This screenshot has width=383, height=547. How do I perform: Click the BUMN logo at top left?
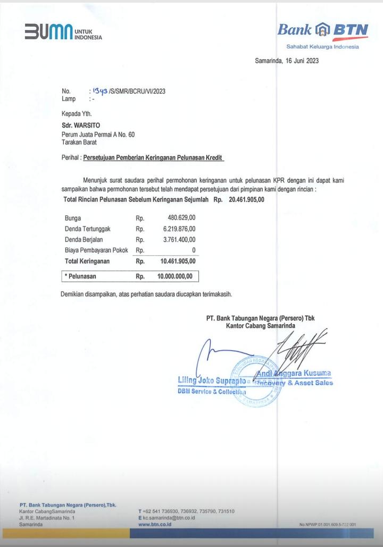63,32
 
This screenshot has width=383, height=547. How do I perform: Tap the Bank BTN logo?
322,30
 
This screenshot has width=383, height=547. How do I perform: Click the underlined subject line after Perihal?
154,158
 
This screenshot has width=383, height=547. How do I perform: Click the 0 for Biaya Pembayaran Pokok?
193,250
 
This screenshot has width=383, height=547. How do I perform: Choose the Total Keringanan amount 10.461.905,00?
178,262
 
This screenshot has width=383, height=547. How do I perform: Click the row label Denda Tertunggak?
88,229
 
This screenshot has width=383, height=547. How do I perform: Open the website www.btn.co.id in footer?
154,524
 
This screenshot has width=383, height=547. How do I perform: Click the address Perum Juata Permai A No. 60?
98,134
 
